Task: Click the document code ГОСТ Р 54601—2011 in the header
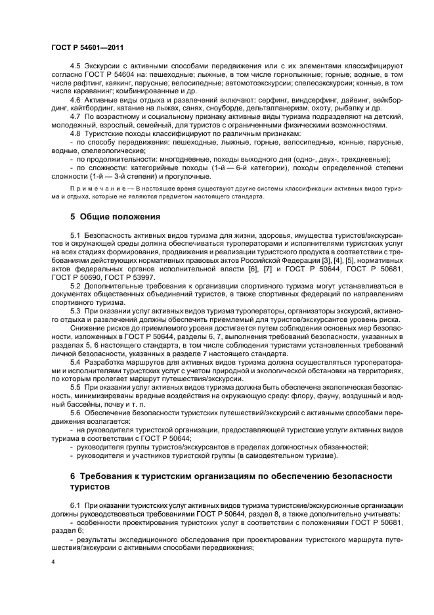click(87, 48)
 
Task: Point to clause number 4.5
click(75, 66)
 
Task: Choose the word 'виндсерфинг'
click(274, 100)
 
